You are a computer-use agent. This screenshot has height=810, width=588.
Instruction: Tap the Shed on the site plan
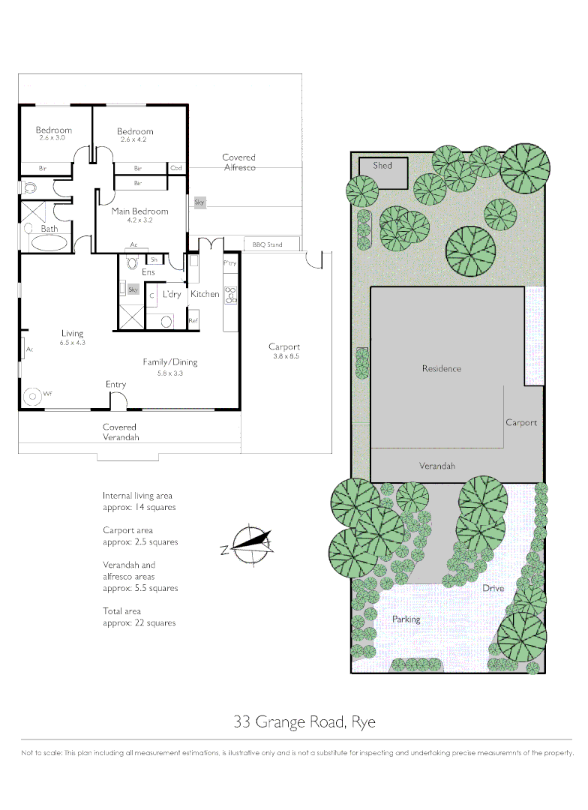pos(383,173)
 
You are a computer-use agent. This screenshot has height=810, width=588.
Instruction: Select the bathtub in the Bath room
pos(47,243)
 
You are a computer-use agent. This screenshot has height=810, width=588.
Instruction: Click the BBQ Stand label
pos(267,244)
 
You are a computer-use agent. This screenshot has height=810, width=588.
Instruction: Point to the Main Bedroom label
pos(139,211)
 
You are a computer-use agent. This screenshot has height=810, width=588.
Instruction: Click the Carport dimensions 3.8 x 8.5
pos(285,356)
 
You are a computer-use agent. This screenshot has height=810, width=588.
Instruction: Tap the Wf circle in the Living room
pos(31,395)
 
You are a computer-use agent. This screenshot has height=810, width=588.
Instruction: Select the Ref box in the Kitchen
pos(193,321)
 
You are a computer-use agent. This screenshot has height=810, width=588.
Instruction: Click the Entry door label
pos(115,385)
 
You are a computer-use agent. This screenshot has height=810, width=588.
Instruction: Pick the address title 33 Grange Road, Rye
pos(304,722)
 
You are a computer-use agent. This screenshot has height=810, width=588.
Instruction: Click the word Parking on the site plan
pos(406,619)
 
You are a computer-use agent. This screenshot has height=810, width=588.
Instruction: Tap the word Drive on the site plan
pos(493,588)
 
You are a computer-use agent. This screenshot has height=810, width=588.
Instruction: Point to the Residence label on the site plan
pos(441,368)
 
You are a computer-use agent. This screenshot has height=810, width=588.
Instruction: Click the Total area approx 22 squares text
pos(139,617)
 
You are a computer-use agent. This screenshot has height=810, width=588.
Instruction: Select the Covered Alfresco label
pos(238,162)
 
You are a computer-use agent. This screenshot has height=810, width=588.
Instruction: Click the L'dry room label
pos(172,295)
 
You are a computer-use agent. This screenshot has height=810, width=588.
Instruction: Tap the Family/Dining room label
pos(170,362)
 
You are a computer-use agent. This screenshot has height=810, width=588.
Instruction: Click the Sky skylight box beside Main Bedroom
pos(199,202)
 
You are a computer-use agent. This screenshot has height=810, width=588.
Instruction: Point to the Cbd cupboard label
pos(177,168)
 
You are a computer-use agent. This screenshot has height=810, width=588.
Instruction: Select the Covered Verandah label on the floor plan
pos(120,432)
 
